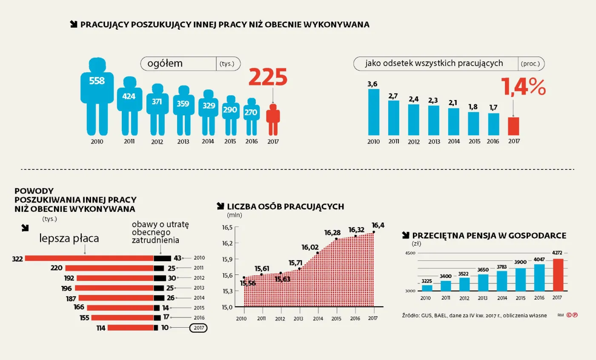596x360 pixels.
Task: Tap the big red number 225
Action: [x=268, y=77]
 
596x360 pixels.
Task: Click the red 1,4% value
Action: [x=523, y=86]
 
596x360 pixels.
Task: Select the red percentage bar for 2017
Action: [x=514, y=126]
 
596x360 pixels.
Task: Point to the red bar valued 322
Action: [x=89, y=258]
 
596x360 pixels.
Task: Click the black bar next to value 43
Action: [x=162, y=258]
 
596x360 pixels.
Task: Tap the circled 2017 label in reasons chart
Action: [x=198, y=328]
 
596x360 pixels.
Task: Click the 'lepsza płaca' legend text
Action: [x=69, y=239]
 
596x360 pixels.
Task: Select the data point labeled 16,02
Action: [x=318, y=253]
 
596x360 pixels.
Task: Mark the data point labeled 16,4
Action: [x=373, y=232]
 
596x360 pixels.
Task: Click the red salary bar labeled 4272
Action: [x=558, y=275]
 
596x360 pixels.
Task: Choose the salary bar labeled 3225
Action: [x=427, y=288]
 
